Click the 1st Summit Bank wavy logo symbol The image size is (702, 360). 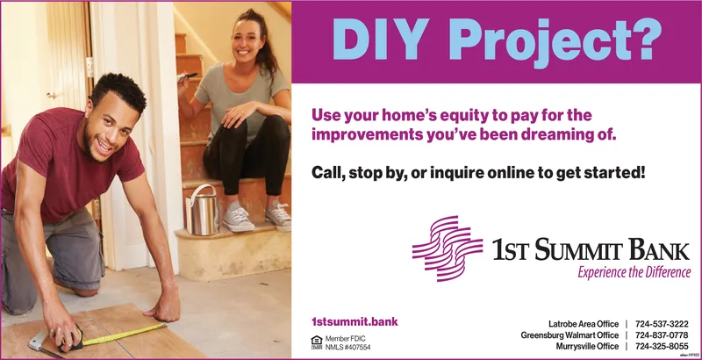[448, 249]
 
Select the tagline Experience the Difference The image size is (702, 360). [634, 273]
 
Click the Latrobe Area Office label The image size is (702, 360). [584, 324]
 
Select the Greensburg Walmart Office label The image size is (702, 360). [569, 335]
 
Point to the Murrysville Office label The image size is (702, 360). [587, 347]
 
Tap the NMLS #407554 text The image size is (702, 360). [347, 348]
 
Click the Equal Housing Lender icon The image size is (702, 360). [317, 342]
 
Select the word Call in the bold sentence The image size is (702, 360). [328, 170]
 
